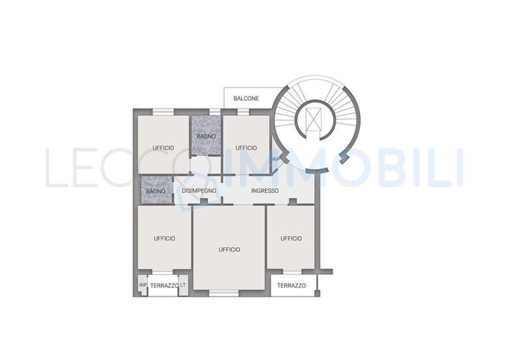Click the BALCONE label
click(246, 99)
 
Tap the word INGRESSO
click(265, 191)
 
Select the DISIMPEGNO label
click(199, 191)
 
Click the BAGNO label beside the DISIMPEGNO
click(156, 192)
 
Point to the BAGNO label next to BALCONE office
click(206, 136)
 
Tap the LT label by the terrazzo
click(183, 284)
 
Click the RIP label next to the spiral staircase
click(276, 159)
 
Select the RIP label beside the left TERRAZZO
click(143, 285)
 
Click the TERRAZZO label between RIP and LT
click(164, 286)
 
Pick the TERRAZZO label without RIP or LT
click(291, 286)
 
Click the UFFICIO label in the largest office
click(230, 250)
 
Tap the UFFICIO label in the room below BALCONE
click(246, 148)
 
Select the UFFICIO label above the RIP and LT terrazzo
click(164, 238)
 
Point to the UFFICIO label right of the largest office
click(291, 238)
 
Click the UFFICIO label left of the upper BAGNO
click(163, 148)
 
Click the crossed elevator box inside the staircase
click(314, 120)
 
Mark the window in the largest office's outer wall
click(224, 293)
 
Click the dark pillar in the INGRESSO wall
click(293, 202)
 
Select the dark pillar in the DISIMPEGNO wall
click(204, 202)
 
